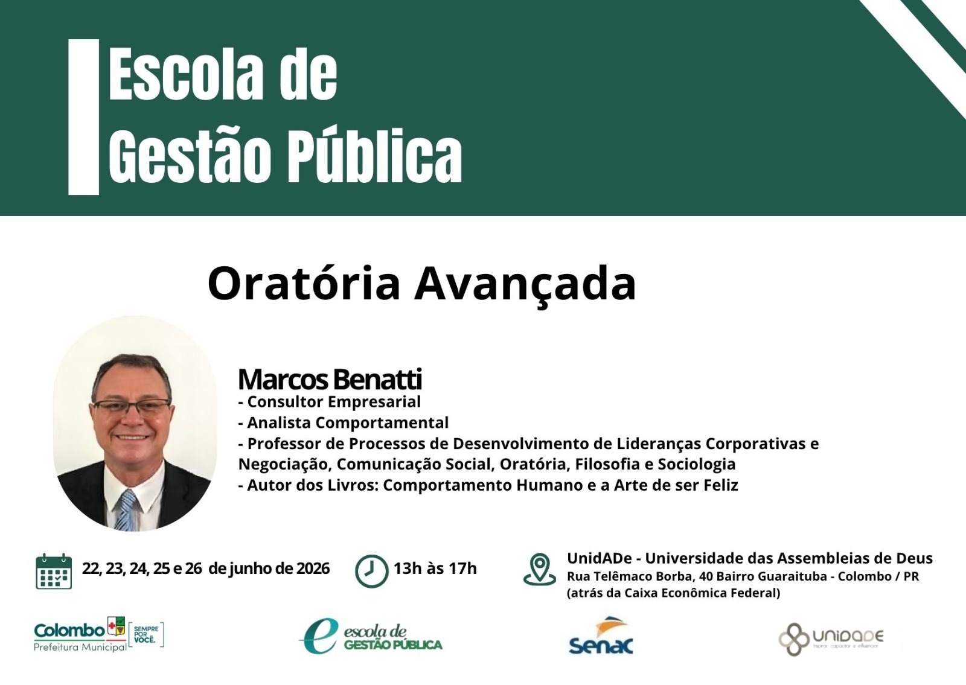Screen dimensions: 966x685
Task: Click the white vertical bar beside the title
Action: [84, 117]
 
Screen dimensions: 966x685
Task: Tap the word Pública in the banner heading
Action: [375, 156]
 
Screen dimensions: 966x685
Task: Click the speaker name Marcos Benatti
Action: [330, 380]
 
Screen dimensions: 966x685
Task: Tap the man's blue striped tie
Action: [126, 509]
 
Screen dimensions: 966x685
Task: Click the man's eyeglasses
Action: [132, 406]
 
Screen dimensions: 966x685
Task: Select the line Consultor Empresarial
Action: [330, 402]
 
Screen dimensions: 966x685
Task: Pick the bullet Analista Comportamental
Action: [344, 423]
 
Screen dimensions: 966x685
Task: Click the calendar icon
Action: [54, 571]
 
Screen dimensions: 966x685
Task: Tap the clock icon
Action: [371, 571]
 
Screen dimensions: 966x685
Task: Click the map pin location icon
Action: [540, 569]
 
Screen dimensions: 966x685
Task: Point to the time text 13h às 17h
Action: [435, 569]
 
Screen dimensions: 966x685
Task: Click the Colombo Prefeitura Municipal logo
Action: [99, 634]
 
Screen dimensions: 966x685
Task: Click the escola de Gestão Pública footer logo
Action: [371, 636]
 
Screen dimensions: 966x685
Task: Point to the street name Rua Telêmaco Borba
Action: [630, 576]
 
